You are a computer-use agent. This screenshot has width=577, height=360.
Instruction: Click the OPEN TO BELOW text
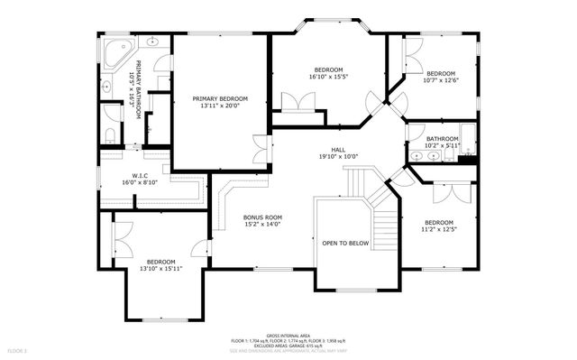point(345,243)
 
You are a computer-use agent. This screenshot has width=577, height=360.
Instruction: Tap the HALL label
point(338,150)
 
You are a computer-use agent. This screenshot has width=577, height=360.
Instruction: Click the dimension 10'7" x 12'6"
point(441,80)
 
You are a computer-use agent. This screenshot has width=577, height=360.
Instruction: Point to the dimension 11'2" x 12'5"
point(439,229)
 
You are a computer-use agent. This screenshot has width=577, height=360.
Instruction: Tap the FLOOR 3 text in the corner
point(18,349)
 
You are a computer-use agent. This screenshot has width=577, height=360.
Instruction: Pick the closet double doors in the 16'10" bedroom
point(298,101)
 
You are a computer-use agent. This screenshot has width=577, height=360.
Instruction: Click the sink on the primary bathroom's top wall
point(152,42)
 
